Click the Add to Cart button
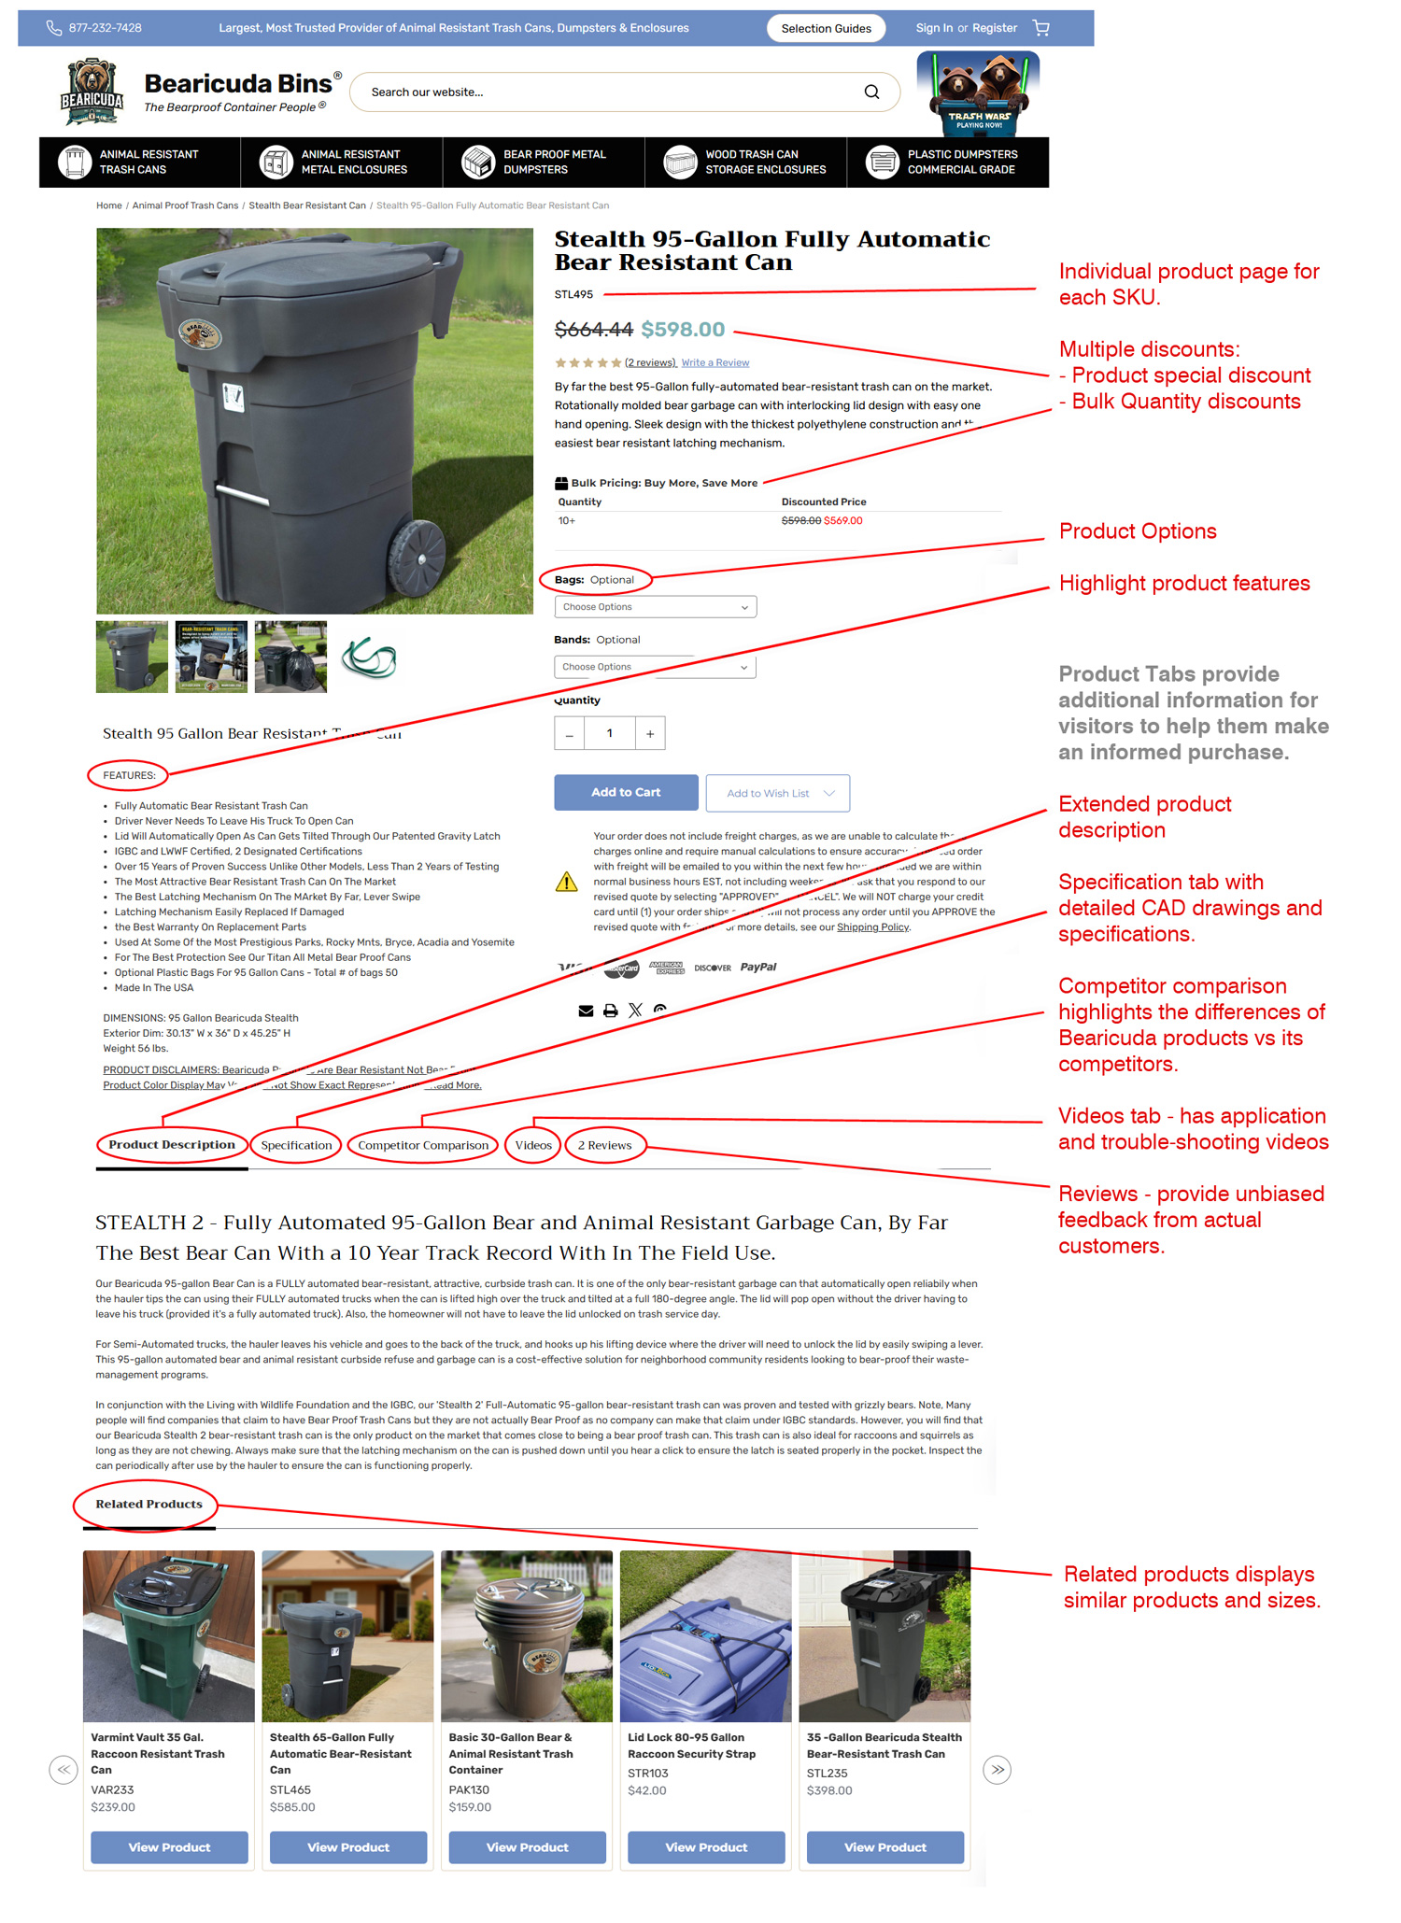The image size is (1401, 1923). [x=625, y=792]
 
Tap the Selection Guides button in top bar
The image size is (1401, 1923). [x=826, y=28]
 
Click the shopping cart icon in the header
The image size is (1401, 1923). [x=1040, y=28]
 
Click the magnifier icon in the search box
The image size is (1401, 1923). [x=870, y=92]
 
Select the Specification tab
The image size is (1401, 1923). [x=296, y=1145]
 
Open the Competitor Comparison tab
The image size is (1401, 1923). [x=422, y=1145]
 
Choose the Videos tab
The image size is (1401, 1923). [x=533, y=1145]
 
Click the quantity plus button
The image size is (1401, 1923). [x=650, y=734]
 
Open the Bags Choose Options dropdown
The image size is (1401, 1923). [x=655, y=607]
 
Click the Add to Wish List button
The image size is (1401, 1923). [x=777, y=793]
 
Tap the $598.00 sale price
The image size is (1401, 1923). [x=683, y=330]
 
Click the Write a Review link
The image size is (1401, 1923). [x=715, y=362]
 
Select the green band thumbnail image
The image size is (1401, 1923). [x=370, y=657]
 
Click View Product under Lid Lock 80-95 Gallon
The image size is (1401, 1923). [x=705, y=1846]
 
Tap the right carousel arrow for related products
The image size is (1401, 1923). [x=997, y=1769]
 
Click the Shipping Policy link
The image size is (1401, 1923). [x=872, y=927]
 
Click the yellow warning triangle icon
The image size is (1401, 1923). [x=566, y=882]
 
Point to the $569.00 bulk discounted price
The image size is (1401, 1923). [x=843, y=521]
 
